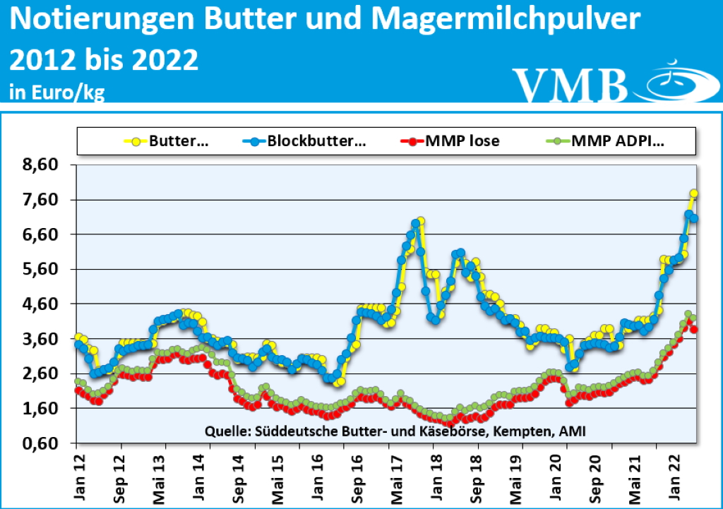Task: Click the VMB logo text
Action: [x=570, y=85]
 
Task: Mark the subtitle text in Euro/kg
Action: [x=57, y=92]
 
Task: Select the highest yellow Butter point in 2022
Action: [x=694, y=193]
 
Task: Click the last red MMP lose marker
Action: [x=695, y=330]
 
